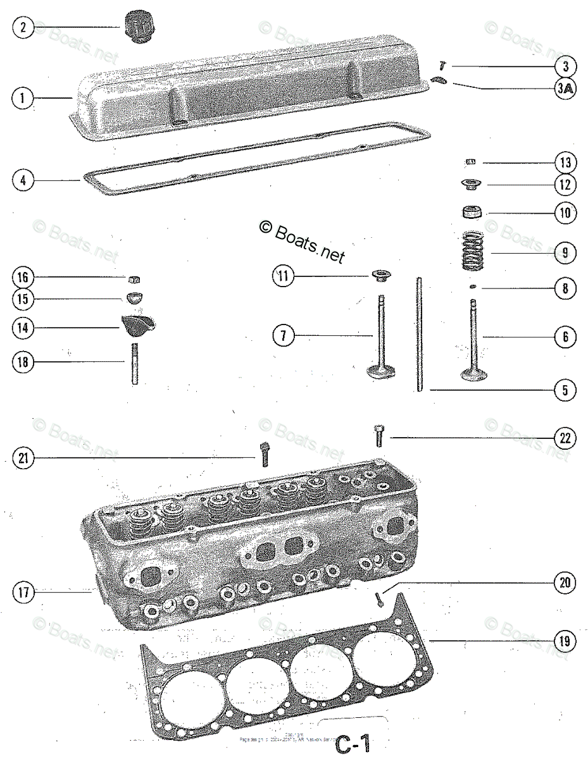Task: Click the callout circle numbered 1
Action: [23, 98]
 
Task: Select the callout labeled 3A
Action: [565, 89]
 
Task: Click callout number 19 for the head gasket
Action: [565, 642]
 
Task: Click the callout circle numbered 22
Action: [565, 437]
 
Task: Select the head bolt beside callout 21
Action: [265, 454]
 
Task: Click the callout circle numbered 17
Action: [23, 593]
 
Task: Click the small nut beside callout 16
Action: [134, 279]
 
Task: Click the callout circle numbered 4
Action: [23, 180]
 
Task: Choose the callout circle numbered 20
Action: [565, 583]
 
